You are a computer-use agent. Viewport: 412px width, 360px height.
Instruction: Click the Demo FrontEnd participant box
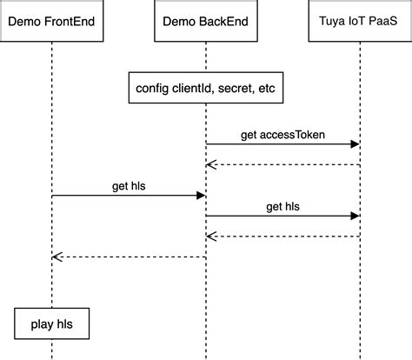click(51, 18)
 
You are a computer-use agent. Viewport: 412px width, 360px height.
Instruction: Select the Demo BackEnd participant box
click(206, 18)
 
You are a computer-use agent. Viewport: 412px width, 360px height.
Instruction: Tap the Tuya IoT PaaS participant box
click(359, 18)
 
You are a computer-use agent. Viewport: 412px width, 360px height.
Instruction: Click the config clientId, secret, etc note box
click(206, 89)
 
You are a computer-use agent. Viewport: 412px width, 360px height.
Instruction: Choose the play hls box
click(51, 324)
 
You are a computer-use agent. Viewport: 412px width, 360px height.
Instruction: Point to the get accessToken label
click(282, 135)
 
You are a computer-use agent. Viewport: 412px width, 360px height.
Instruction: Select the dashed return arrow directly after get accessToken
click(282, 164)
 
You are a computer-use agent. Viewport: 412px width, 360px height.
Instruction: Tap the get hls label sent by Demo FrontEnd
click(129, 185)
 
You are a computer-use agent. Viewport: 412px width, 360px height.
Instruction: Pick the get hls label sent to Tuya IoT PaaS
click(282, 206)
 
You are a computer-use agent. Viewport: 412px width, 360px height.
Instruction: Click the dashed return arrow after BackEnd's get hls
click(282, 236)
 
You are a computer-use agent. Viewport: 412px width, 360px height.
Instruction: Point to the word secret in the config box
click(231, 89)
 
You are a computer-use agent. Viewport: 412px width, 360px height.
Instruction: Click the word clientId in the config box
click(183, 89)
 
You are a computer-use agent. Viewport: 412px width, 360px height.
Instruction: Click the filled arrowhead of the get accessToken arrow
click(355, 144)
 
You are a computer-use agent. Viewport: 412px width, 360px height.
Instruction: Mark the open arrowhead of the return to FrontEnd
click(56, 257)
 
